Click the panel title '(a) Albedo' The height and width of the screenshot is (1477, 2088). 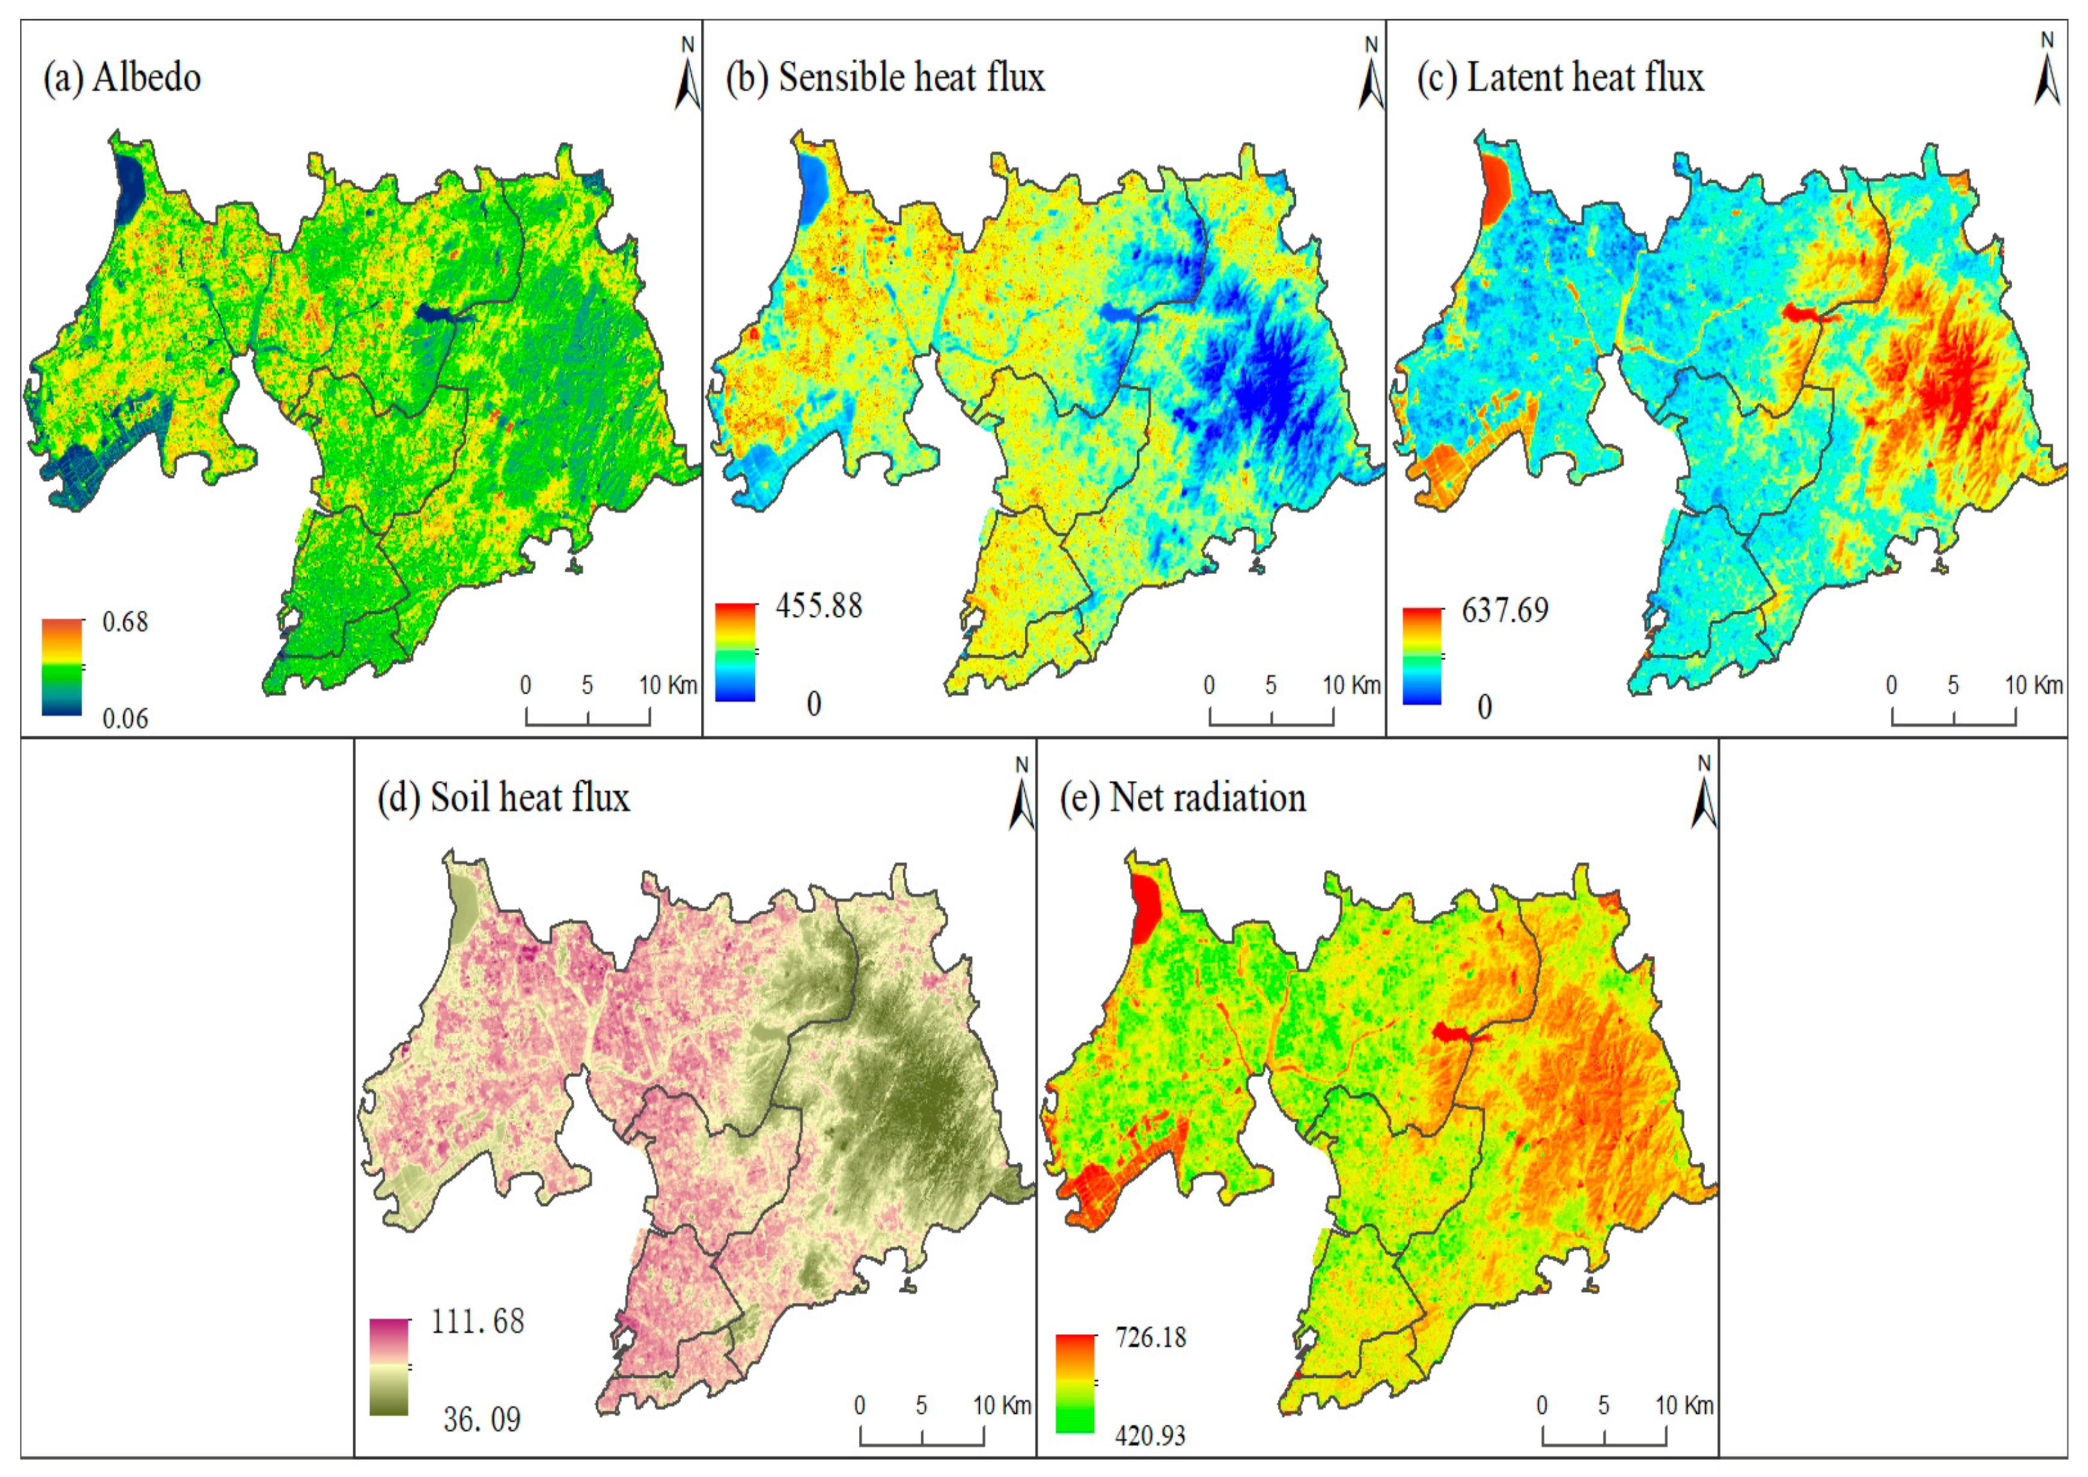[x=122, y=78]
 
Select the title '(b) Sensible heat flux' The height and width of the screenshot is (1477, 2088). [x=885, y=78]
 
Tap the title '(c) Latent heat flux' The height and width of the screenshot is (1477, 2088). [x=1560, y=78]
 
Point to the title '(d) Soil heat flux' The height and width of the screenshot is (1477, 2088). [x=503, y=798]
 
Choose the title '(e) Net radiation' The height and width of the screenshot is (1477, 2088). [x=1182, y=798]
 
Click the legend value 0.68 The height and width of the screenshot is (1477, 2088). [x=124, y=622]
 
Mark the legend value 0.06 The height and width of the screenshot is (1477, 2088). [x=124, y=720]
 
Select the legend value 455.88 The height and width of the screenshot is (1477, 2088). [x=819, y=606]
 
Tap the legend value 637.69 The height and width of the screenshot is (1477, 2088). [x=1504, y=610]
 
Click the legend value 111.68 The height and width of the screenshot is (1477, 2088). [x=477, y=1321]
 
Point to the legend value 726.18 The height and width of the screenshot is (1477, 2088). [x=1150, y=1338]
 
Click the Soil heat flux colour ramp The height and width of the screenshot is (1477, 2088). [x=388, y=1367]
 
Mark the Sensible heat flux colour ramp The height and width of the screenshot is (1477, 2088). [x=735, y=652]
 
